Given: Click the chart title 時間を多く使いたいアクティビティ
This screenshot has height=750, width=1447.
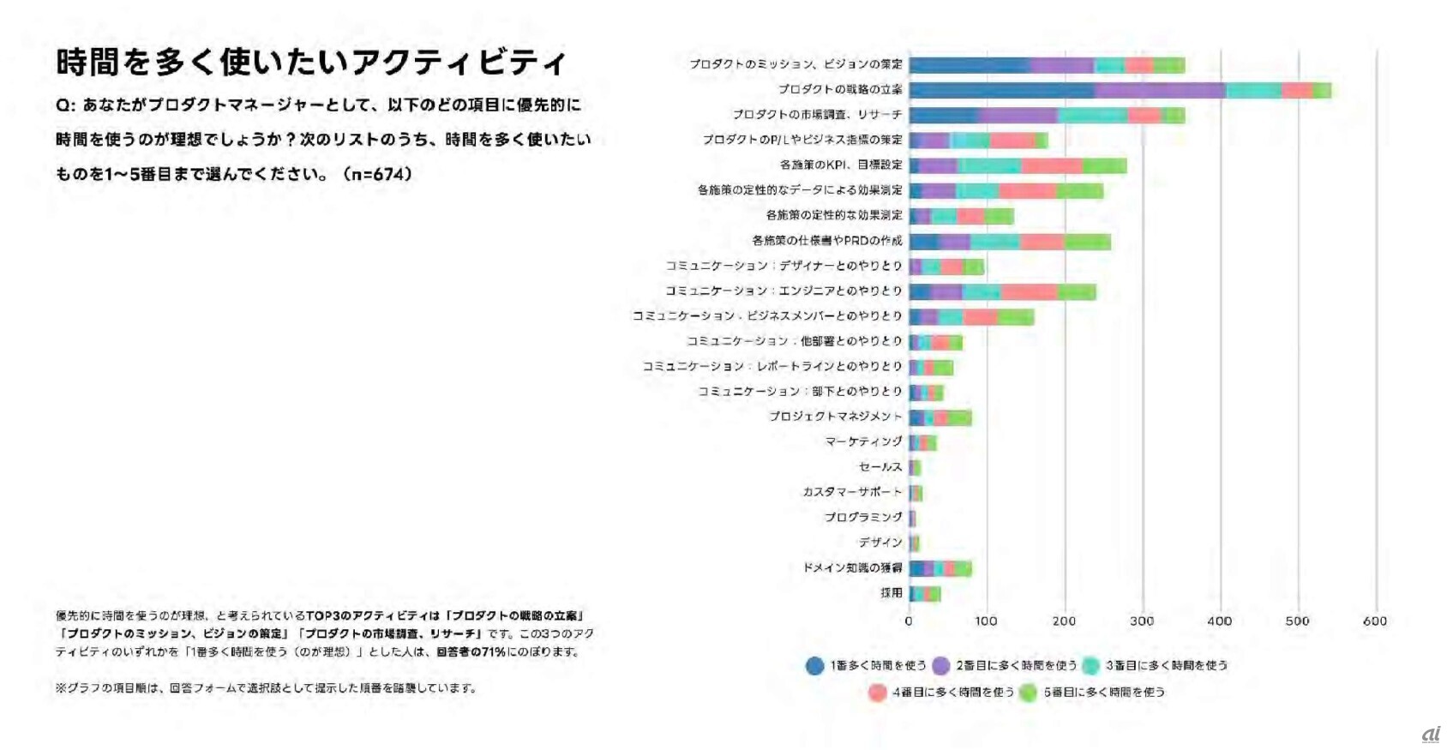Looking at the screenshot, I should pyautogui.click(x=310, y=63).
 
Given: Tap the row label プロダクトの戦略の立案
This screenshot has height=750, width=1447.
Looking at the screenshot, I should pyautogui.click(x=839, y=89).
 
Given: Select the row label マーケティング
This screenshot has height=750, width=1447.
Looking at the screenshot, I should pyautogui.click(x=863, y=441).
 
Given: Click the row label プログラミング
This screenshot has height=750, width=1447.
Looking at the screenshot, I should pyautogui.click(x=862, y=517).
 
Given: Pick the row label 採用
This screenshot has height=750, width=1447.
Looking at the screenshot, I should pyautogui.click(x=891, y=592).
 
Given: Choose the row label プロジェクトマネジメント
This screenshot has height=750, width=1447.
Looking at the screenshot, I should pyautogui.click(x=835, y=417).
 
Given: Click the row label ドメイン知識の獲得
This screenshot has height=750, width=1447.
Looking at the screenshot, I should pyautogui.click(x=852, y=567).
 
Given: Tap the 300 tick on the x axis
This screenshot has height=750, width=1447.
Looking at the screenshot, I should pyautogui.click(x=1142, y=621).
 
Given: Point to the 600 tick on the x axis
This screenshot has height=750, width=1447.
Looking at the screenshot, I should pyautogui.click(x=1375, y=621).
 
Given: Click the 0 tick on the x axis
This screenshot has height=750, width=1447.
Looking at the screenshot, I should pyautogui.click(x=909, y=621).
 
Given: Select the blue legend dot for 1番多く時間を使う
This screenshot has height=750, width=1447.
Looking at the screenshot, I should pyautogui.click(x=814, y=666).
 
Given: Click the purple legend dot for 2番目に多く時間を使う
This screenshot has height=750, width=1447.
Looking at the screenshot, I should pyautogui.click(x=940, y=666).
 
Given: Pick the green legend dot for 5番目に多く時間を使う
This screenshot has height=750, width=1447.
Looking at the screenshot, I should pyautogui.click(x=1028, y=693).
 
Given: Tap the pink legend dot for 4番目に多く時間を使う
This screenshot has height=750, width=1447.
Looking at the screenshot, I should pyautogui.click(x=876, y=693).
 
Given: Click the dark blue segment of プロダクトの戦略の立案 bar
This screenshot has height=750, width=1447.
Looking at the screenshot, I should pyautogui.click(x=1001, y=90).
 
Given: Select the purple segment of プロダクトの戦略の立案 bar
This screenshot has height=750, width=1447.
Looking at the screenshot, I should pyautogui.click(x=1159, y=90).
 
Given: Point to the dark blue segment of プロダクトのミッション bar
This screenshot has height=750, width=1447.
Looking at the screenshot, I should pyautogui.click(x=970, y=65).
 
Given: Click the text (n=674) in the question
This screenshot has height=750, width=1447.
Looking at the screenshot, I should pyautogui.click(x=377, y=174).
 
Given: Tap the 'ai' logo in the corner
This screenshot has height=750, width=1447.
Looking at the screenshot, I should pyautogui.click(x=1431, y=735).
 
